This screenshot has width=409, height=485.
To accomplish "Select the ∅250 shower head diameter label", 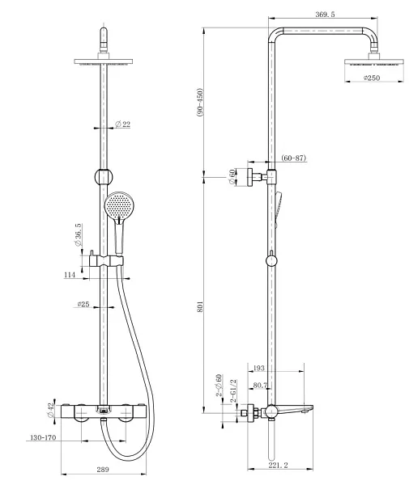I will [x=372, y=78].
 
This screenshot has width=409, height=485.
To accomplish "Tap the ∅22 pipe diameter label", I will [x=122, y=124].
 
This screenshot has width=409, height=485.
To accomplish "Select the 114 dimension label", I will [x=71, y=275].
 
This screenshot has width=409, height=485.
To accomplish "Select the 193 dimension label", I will [x=282, y=369].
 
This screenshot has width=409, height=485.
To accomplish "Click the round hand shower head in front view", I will [x=117, y=205].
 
